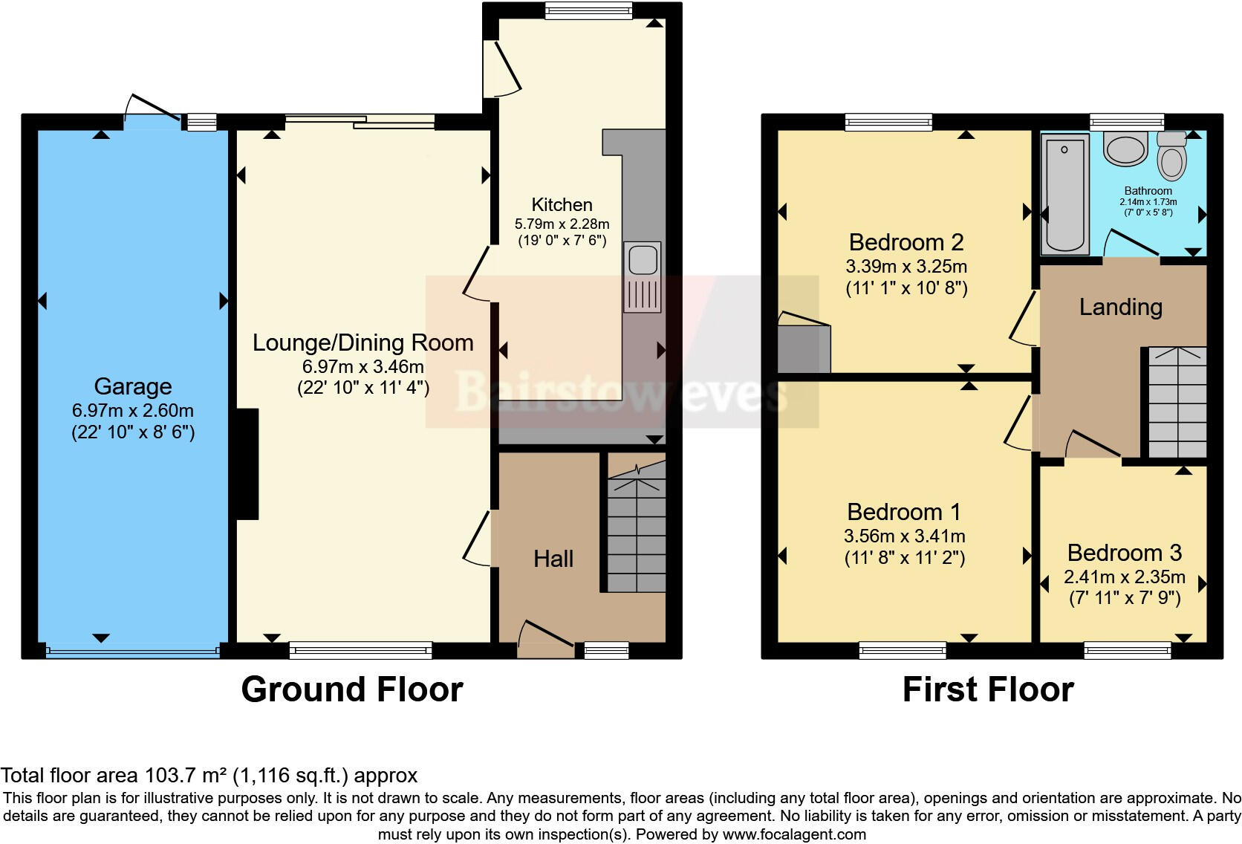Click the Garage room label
(x=132, y=386)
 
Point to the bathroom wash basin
(x=1126, y=149)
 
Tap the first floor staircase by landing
(x=1177, y=403)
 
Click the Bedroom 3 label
(x=1124, y=553)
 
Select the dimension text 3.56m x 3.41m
(x=904, y=536)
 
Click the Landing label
(x=1120, y=307)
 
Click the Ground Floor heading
(x=352, y=689)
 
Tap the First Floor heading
(x=987, y=689)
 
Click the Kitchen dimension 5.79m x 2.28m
(x=562, y=224)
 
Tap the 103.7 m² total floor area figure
(x=184, y=776)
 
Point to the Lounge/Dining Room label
(x=362, y=343)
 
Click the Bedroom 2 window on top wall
(x=888, y=123)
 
